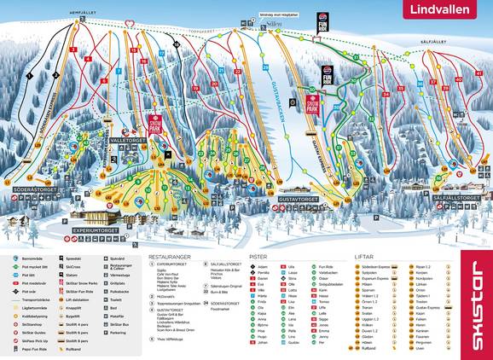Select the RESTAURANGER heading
tap(170, 256)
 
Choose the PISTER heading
tap(259, 256)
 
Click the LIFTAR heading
tap(366, 256)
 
